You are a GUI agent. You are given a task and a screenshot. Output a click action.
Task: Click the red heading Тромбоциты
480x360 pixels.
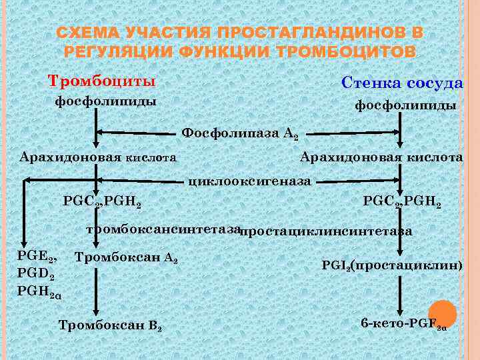pos(101,81)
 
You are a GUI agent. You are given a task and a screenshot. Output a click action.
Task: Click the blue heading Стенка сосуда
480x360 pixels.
pos(401,83)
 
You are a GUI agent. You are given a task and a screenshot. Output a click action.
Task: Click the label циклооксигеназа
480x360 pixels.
pos(251,179)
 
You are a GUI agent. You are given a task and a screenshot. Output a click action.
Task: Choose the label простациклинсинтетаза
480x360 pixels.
pos(325,232)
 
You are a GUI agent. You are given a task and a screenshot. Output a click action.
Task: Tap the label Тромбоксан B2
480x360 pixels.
pos(111,326)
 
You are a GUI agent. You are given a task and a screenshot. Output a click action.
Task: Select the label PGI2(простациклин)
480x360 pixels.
pos(392,265)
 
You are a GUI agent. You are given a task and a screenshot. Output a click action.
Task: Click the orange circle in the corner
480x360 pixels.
pos(442,314)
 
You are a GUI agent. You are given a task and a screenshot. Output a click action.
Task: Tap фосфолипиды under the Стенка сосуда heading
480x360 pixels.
pos(405,105)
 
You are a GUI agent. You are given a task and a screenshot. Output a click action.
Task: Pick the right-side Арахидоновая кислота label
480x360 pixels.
pos(381,157)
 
